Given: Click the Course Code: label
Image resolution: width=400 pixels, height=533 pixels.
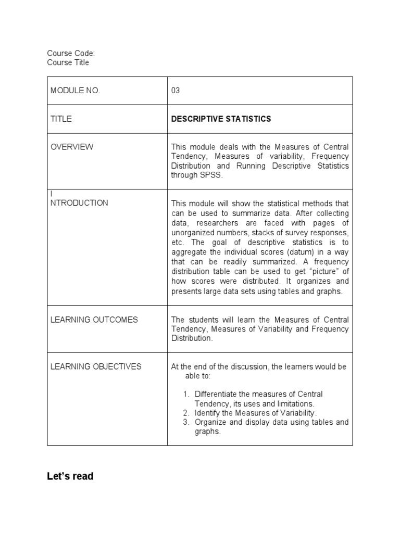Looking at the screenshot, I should point(71,53).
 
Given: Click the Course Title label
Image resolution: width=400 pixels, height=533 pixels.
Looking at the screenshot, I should point(68,62).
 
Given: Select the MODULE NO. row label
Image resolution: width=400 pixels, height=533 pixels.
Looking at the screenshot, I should point(75,91).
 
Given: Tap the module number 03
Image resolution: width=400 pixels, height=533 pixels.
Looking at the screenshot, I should point(176,91).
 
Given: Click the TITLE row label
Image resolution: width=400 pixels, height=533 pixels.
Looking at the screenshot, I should point(61,119).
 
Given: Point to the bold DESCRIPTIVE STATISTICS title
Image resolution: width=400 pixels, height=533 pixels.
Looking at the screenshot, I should point(221,119).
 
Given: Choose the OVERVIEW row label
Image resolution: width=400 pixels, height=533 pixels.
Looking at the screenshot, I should point(72,147).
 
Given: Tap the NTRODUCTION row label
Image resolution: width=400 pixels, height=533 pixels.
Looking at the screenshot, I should point(79,203).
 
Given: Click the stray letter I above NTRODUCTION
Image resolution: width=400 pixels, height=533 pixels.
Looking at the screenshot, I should point(52,194).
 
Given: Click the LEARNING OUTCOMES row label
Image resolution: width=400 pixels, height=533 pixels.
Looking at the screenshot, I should point(94,320).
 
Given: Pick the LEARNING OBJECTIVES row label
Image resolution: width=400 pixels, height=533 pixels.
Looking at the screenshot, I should point(96,366).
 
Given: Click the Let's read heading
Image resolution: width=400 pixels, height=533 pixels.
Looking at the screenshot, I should point(70,476).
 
